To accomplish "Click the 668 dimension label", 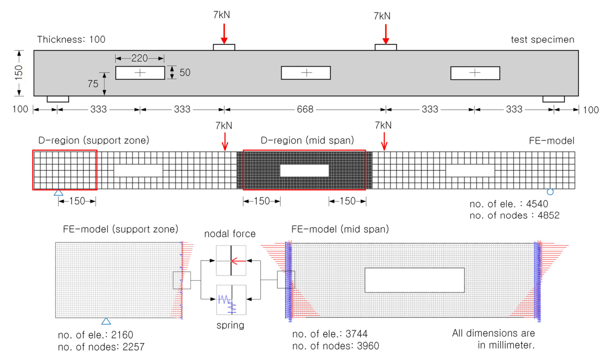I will click(x=305, y=109).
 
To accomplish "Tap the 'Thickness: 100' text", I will click(x=71, y=39).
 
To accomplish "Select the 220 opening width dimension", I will click(x=140, y=58).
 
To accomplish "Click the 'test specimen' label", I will click(x=542, y=39).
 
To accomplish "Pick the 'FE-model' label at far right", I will click(x=552, y=141).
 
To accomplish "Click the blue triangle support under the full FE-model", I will click(x=58, y=193).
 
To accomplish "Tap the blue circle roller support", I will click(x=550, y=192).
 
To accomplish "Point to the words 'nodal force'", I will click(x=230, y=234).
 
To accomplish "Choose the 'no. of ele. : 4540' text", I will click(x=508, y=204).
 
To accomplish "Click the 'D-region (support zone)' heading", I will click(x=91, y=141).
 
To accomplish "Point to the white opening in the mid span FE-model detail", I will click(x=414, y=280).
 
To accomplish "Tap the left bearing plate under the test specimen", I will click(x=58, y=99).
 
